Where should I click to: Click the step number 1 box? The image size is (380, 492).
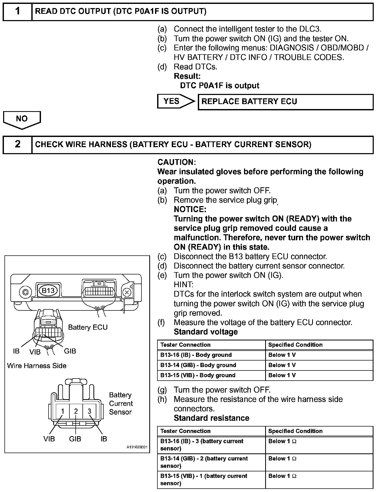point(17,12)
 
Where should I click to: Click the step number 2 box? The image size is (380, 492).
point(17,144)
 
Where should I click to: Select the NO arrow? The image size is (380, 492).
point(22,119)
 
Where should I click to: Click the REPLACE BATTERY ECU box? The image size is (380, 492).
point(286,102)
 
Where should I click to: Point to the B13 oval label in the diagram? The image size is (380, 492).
point(48,291)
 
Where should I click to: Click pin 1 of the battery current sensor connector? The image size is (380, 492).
point(63,411)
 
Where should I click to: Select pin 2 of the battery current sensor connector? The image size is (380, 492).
point(76,411)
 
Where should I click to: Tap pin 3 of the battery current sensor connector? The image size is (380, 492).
point(89,411)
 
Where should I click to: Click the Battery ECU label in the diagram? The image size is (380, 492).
point(88,327)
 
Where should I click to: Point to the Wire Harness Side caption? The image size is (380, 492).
point(37,366)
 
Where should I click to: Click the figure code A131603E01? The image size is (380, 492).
point(137,447)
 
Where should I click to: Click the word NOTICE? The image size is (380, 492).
point(190,209)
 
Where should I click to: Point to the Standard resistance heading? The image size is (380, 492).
point(211,418)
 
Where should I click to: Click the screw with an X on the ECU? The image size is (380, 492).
point(127,292)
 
